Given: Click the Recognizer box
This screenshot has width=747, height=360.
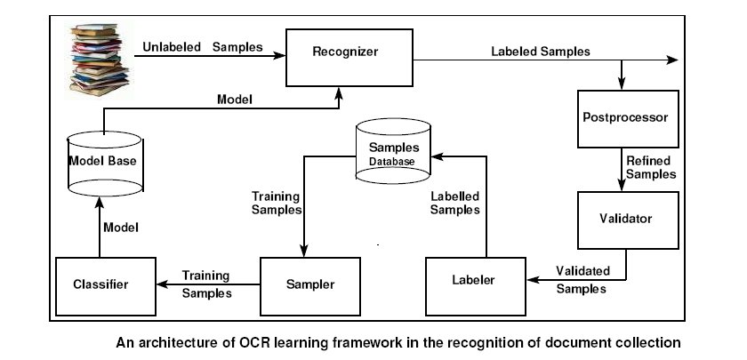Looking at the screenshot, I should pos(345,52).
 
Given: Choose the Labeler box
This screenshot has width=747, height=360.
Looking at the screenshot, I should pos(476,282).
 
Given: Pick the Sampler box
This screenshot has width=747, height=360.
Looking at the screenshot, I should pos(310,285).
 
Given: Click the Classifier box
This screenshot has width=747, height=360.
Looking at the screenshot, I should pos(100,285).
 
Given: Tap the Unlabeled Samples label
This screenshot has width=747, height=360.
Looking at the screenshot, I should pos(203,45).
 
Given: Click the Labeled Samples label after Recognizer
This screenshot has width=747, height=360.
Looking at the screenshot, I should pos(540,51).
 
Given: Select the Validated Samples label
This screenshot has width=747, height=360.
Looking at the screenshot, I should pos(583,279).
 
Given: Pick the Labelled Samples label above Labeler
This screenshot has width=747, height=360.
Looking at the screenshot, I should pos(454,203).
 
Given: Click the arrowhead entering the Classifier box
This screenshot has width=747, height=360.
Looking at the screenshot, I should pos(160,285).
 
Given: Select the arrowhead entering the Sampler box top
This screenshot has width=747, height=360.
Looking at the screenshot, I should pos(305,253).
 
